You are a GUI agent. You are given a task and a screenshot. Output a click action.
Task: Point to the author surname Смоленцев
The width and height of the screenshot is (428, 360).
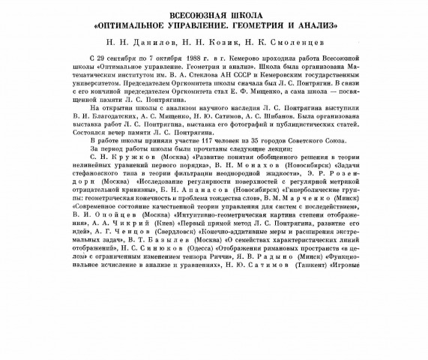point(298,43)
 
